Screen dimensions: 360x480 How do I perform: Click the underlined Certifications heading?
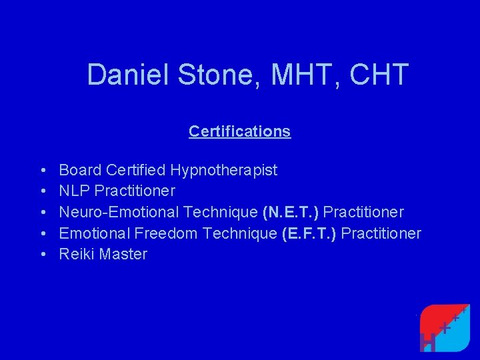[239, 131]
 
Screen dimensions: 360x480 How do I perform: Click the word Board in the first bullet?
[79, 170]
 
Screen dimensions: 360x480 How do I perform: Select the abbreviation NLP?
[75, 191]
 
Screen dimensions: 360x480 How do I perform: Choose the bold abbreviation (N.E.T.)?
[291, 212]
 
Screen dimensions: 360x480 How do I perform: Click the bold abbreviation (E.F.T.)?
[309, 233]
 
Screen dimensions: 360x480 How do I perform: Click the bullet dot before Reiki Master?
[42, 254]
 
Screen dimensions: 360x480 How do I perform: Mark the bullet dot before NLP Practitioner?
[42, 191]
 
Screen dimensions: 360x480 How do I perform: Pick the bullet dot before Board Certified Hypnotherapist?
[42, 170]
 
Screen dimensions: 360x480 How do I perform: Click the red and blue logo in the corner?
[445, 327]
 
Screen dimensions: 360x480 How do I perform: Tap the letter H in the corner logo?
[429, 341]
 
